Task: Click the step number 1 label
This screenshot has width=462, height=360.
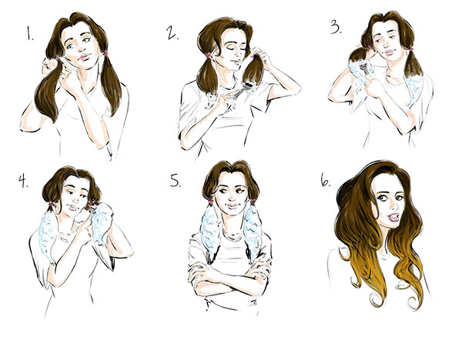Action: pos(30,34)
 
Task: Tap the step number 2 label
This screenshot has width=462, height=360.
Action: pos(172,32)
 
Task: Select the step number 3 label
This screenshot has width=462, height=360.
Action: pos(336,28)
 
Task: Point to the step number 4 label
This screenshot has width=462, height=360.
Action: pos(23,181)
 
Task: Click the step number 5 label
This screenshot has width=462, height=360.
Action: pos(176,180)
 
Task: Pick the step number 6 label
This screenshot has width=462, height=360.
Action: pos(325,180)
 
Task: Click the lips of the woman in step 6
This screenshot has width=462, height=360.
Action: pos(393,218)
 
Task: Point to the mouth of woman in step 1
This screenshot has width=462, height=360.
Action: pos(85,57)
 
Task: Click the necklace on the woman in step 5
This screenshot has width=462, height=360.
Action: pos(233,235)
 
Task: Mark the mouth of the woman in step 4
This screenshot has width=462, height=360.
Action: pos(72,208)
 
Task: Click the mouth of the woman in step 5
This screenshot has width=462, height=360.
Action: pos(232,206)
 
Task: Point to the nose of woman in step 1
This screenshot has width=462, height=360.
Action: pos(82,48)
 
